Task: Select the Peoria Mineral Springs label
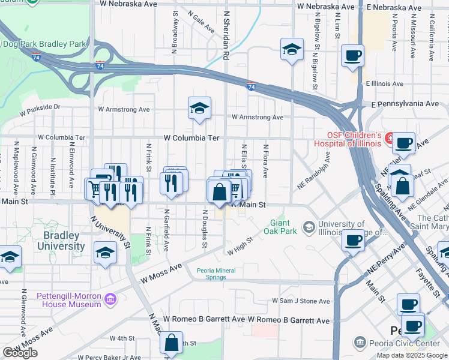click(220, 273)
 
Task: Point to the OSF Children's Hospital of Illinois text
click(354, 139)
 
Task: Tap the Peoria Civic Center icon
click(360, 343)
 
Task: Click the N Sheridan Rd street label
click(226, 36)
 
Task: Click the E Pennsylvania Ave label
click(405, 104)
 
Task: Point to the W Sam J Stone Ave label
click(301, 301)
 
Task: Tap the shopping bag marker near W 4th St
click(172, 344)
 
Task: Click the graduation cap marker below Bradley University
click(105, 253)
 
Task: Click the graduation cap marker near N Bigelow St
click(292, 49)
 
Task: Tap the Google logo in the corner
click(20, 353)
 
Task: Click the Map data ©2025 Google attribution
click(412, 355)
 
